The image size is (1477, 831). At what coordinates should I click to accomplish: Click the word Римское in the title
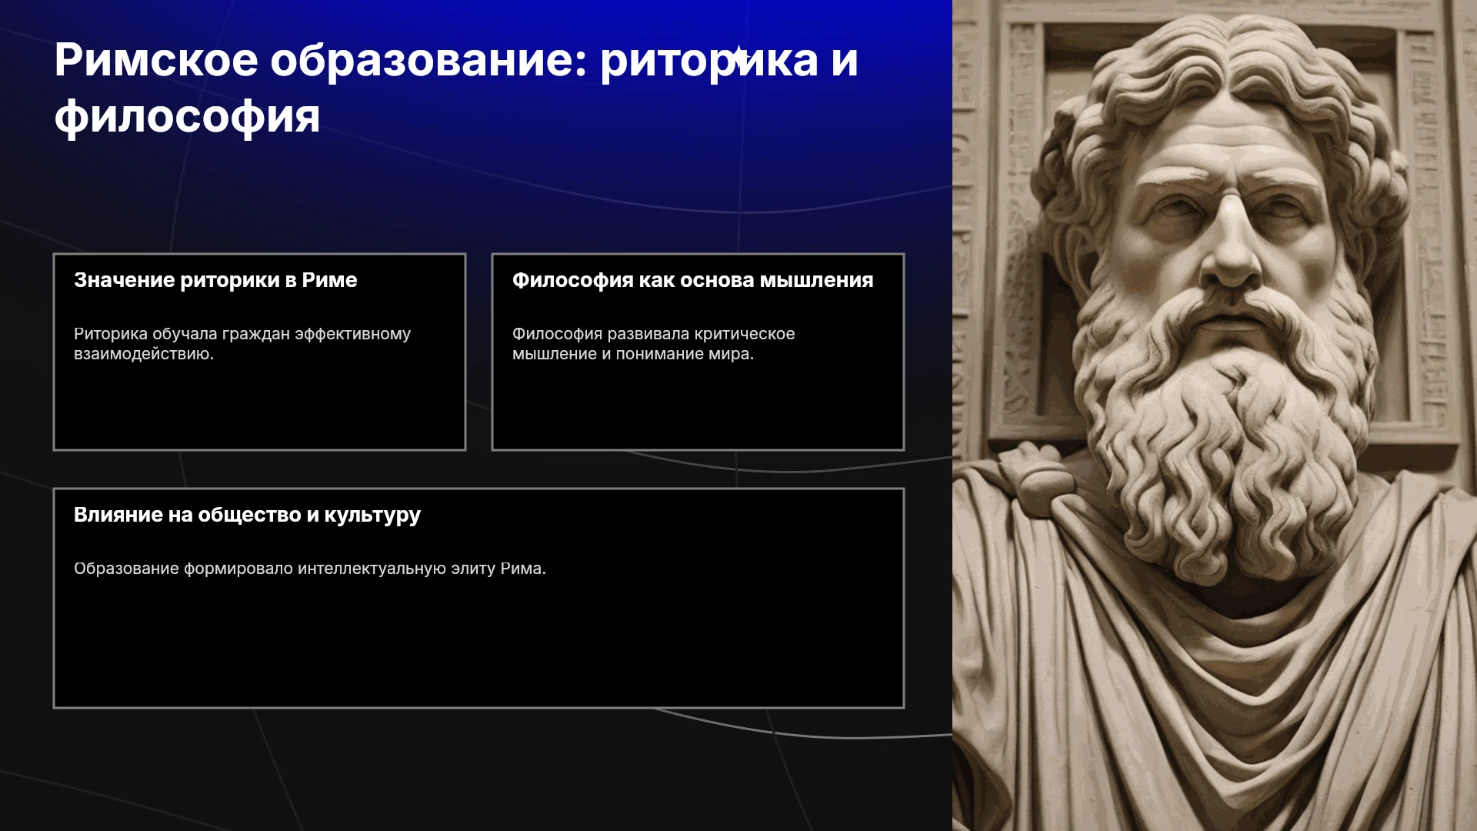click(156, 60)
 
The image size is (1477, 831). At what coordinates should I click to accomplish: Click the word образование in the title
click(428, 62)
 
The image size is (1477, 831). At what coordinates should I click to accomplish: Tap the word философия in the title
click(187, 117)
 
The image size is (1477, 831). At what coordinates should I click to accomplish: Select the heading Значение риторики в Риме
click(215, 280)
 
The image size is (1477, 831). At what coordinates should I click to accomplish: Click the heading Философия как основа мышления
click(693, 280)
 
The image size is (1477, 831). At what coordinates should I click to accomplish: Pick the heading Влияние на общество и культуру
click(247, 515)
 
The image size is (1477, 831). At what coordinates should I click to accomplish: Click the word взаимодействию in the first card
click(144, 354)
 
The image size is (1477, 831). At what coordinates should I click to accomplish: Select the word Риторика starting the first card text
click(111, 334)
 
